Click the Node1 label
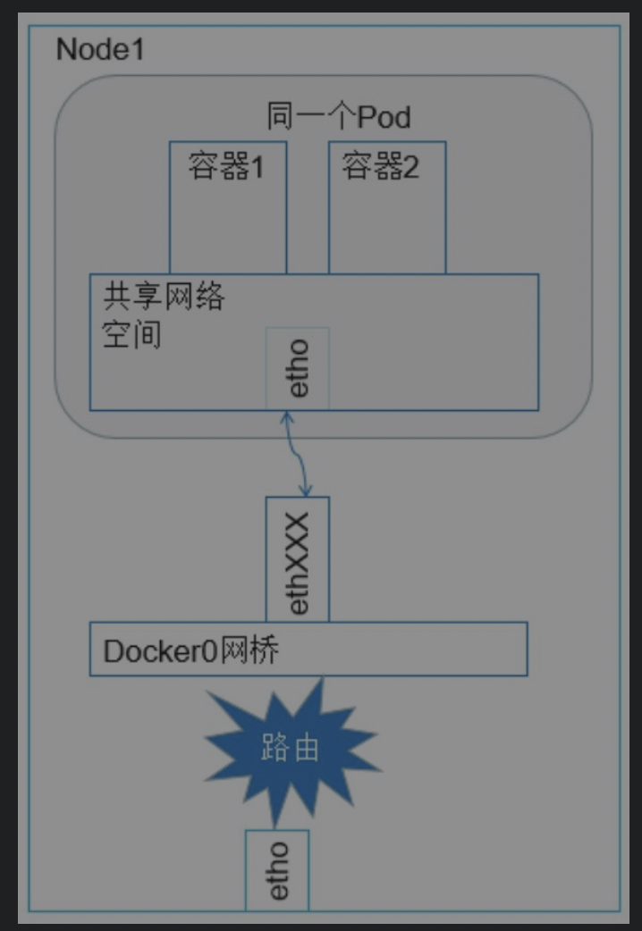pos(99,50)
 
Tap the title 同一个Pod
pos(339,116)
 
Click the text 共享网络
pos(163,296)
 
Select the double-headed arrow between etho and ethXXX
pos(296,454)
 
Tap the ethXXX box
pos(298,559)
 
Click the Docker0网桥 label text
pos(191,650)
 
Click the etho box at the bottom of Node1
pos(277,870)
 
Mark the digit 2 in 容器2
pos(410,167)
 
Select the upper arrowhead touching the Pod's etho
pos(287,416)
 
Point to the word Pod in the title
pos(384,116)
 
